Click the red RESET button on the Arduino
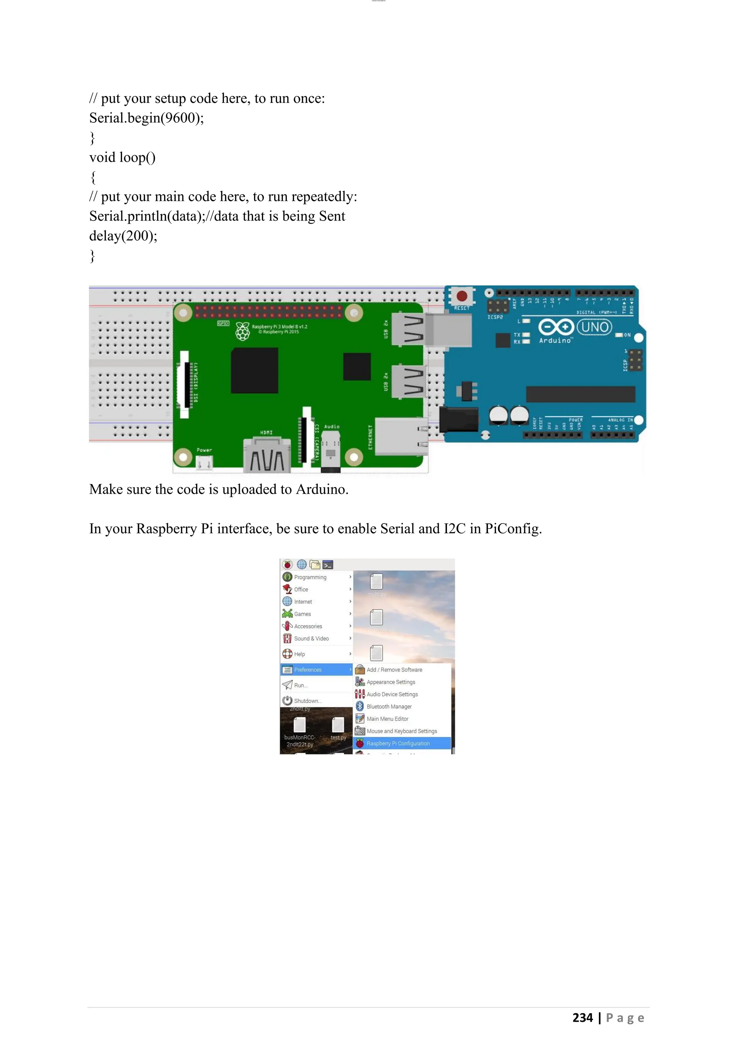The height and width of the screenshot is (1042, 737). click(462, 296)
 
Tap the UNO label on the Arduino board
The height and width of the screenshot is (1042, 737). click(594, 327)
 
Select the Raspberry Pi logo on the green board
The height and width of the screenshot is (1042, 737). click(243, 331)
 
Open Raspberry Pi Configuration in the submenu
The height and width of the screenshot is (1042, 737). click(398, 743)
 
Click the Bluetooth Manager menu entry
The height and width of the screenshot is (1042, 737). click(389, 707)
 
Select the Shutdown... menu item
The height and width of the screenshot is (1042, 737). click(307, 701)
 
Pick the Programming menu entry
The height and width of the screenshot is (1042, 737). click(310, 577)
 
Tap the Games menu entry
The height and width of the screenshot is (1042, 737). click(302, 614)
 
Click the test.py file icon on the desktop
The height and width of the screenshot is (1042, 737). click(338, 726)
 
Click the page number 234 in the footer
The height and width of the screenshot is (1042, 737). click(583, 1018)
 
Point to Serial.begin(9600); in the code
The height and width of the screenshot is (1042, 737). click(146, 118)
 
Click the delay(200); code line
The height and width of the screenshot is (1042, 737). click(123, 236)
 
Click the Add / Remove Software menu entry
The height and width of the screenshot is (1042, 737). click(394, 670)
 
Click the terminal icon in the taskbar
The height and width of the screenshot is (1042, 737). click(328, 565)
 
